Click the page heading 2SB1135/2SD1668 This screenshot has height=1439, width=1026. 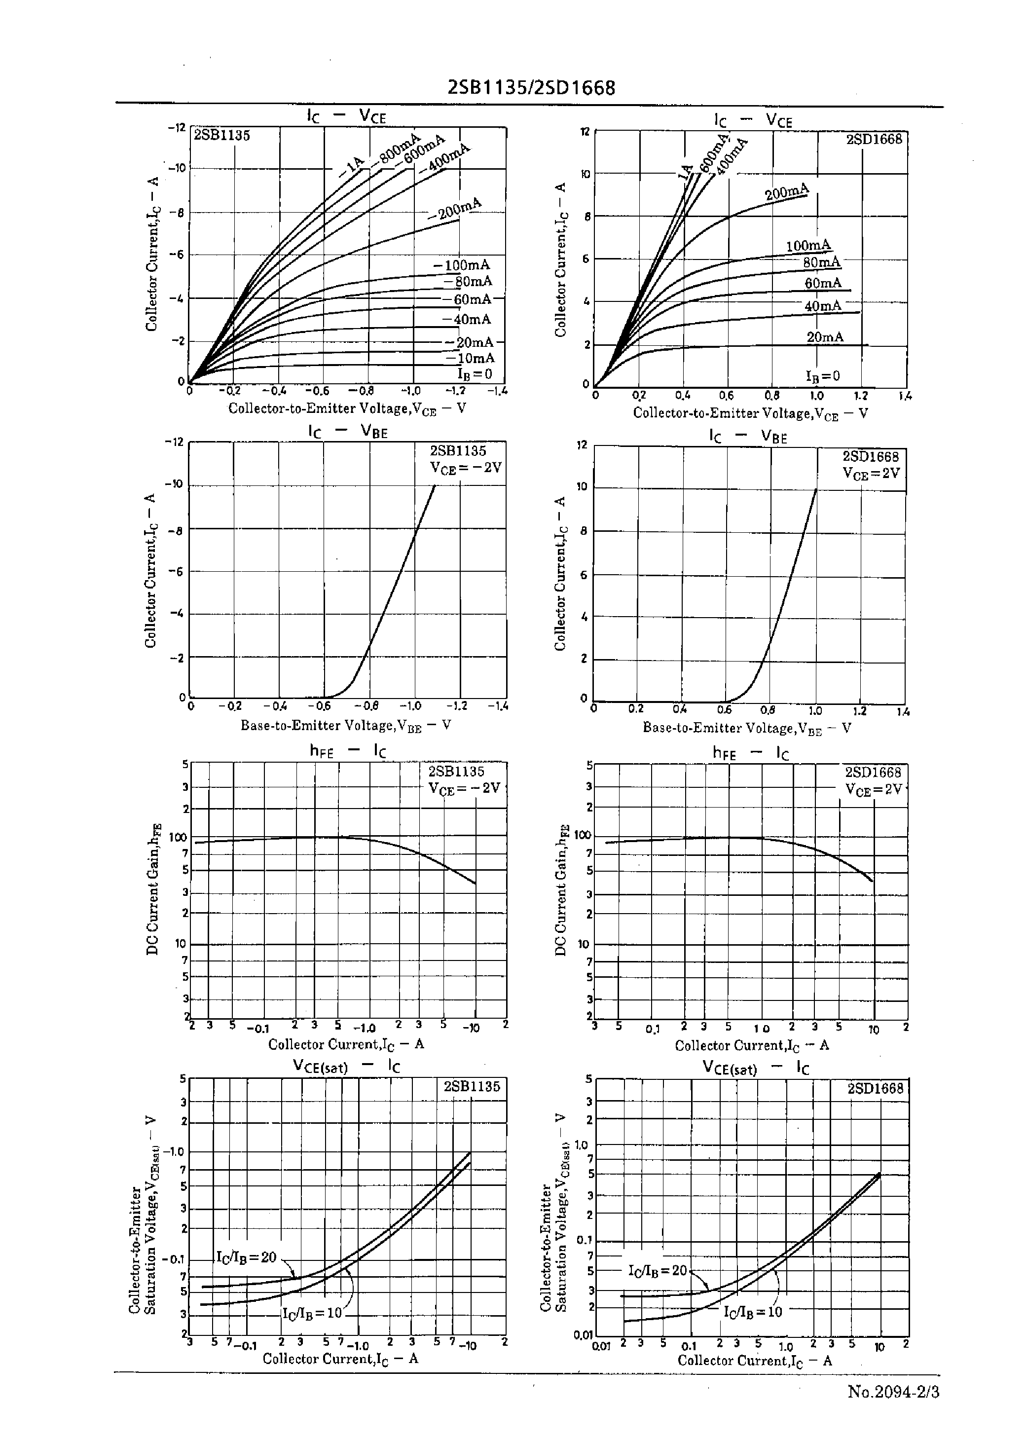tap(531, 88)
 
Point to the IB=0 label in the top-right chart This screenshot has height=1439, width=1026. tap(823, 376)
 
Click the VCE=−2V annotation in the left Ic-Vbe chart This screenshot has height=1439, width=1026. tap(466, 468)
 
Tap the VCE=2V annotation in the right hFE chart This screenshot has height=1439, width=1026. tap(874, 790)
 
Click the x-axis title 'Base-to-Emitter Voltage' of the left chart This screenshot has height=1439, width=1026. tap(345, 725)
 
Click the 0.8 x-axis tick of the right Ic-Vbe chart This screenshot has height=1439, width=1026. tap(767, 709)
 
